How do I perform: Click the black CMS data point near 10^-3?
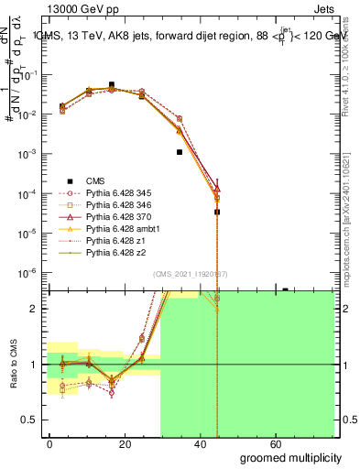pos(180,152)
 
